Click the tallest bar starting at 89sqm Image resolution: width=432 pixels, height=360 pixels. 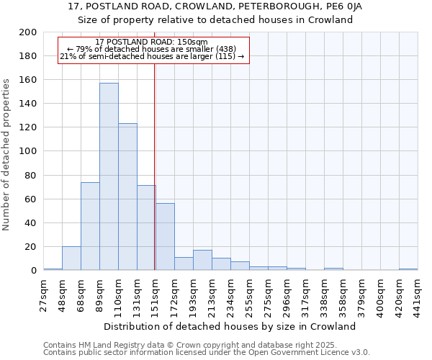109,176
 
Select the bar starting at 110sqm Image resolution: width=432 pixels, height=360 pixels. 127,197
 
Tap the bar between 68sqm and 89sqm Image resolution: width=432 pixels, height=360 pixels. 90,226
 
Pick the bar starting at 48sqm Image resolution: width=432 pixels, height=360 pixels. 71,258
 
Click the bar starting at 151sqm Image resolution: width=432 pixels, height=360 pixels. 165,237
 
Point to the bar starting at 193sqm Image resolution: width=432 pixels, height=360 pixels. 202,260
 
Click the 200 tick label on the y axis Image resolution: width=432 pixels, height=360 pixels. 28,32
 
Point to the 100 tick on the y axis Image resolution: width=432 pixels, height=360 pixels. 28,151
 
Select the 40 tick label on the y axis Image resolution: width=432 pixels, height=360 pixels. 30,222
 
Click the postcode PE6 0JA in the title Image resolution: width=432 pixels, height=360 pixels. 343,6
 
